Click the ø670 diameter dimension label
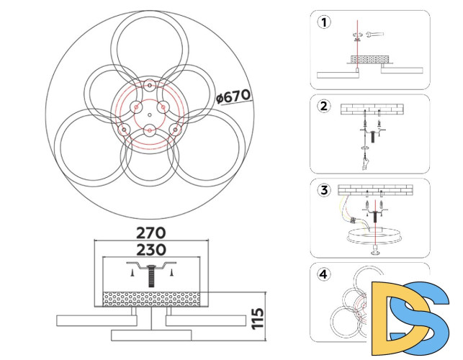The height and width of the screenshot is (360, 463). point(233,96)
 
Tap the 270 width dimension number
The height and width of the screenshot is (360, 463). point(151,233)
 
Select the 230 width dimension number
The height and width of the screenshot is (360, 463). point(151,250)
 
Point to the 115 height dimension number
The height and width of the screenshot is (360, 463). point(258,318)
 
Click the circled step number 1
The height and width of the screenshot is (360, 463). point(324,22)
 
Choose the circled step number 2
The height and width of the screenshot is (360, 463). point(324,106)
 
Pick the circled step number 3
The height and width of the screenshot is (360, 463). point(324,190)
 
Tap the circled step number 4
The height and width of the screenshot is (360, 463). point(324,274)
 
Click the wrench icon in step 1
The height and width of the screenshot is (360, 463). point(374,35)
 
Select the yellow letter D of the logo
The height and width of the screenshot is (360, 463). point(397,318)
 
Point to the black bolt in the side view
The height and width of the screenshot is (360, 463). point(151,276)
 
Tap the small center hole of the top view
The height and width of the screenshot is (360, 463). point(150,114)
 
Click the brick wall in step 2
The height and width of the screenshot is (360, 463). point(372,109)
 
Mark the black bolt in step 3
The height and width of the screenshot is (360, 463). point(375,217)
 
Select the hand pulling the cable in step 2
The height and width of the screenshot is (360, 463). point(365,164)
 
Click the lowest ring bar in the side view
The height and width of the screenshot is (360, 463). point(151,336)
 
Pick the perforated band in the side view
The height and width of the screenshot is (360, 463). point(151,299)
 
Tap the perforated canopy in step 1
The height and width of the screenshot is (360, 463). point(369,59)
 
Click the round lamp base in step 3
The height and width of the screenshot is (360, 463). point(375,235)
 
